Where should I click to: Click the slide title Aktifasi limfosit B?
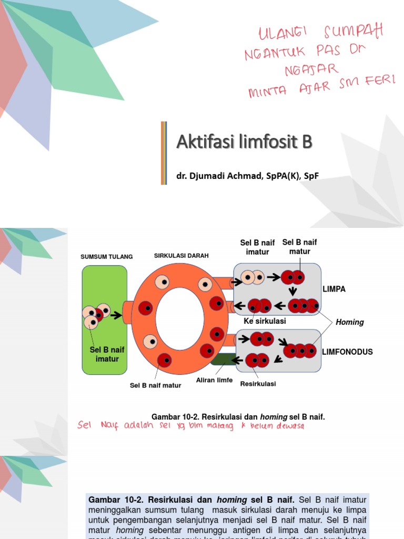pyautogui.click(x=244, y=142)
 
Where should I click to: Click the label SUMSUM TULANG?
pyautogui.click(x=106, y=257)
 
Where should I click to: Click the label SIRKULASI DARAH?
pyautogui.click(x=181, y=255)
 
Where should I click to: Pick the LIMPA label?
pyautogui.click(x=334, y=289)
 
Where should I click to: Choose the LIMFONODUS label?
pyautogui.click(x=348, y=352)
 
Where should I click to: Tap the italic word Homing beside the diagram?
pyautogui.click(x=350, y=322)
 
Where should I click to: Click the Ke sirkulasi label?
pyautogui.click(x=265, y=321)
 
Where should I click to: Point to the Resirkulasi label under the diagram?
pyautogui.click(x=258, y=384)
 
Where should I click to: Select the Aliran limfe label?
pyautogui.click(x=215, y=380)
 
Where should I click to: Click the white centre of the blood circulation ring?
pyautogui.click(x=180, y=319)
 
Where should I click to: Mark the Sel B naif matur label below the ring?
pyautogui.click(x=156, y=385)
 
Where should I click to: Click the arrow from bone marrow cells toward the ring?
pyautogui.click(x=116, y=315)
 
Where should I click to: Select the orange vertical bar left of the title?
pyautogui.click(x=164, y=153)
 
